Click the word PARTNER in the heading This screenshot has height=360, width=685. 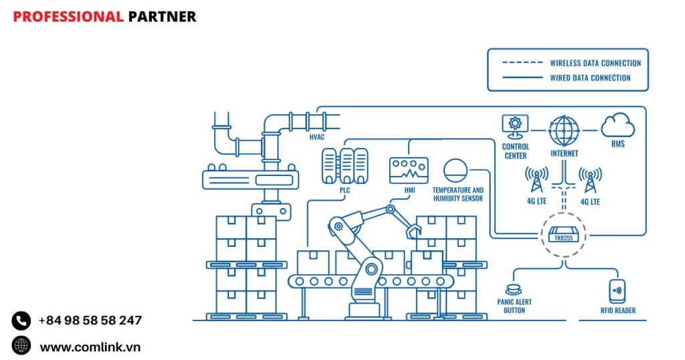[x=162, y=17]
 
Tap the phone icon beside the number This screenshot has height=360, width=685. [x=21, y=321]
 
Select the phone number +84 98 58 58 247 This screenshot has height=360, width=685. [x=90, y=321]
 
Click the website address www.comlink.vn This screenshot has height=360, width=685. [x=90, y=347]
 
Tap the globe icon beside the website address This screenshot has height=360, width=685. [x=21, y=346]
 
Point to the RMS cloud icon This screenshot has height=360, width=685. [x=617, y=125]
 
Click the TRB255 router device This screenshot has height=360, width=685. [x=561, y=236]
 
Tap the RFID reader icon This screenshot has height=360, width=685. [x=617, y=291]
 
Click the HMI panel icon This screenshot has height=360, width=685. [x=408, y=169]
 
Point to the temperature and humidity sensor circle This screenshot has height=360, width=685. [x=457, y=170]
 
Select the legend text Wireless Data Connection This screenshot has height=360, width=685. [x=595, y=63]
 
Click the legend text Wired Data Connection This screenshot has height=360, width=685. [x=590, y=78]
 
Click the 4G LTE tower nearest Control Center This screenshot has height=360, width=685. [x=536, y=180]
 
